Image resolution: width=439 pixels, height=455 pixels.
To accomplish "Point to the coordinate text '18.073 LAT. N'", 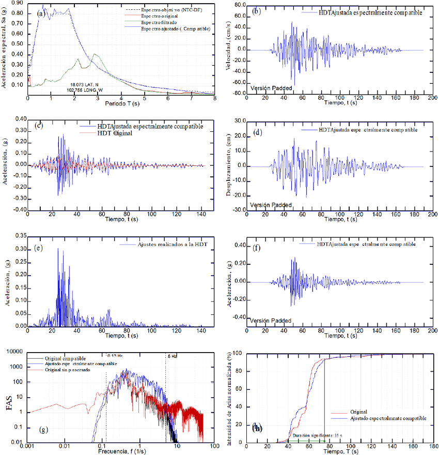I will (x=87, y=83).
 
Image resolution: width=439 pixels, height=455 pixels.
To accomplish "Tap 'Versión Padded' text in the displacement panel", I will (x=271, y=205).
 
